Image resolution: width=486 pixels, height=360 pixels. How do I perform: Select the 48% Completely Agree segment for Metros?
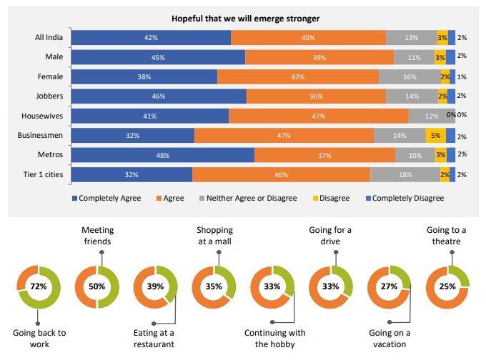(x=163, y=154)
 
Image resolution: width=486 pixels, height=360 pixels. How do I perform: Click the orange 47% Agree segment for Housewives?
(x=318, y=116)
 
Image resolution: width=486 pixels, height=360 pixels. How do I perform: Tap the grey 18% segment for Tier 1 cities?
(x=405, y=174)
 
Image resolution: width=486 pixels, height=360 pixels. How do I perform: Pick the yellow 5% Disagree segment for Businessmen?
(x=435, y=135)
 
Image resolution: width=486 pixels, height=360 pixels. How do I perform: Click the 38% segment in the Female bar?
(x=144, y=76)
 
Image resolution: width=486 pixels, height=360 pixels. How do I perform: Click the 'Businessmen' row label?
(x=41, y=135)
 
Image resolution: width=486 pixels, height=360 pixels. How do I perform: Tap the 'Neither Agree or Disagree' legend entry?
(x=251, y=198)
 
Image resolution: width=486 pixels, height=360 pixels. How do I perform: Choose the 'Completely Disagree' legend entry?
(x=408, y=198)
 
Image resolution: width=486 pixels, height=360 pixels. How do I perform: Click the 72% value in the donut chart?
(x=39, y=286)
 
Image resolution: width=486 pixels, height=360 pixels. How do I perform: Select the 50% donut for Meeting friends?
(x=97, y=286)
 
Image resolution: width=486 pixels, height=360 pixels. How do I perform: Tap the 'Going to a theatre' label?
(x=447, y=236)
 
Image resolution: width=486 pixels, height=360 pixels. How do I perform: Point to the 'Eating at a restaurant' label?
(x=154, y=338)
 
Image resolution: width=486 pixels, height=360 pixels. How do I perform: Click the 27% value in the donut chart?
(x=389, y=286)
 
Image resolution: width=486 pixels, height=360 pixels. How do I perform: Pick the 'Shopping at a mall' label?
(x=214, y=236)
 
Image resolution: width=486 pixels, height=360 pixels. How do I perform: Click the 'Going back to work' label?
(x=39, y=338)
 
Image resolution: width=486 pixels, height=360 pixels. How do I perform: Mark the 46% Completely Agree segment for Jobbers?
(x=159, y=96)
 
